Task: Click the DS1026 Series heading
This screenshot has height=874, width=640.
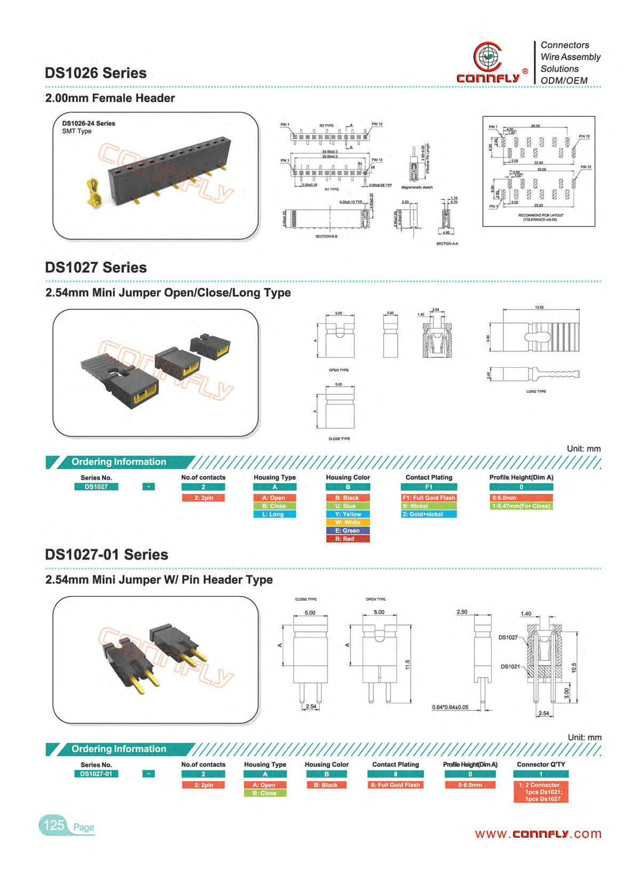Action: pyautogui.click(x=95, y=73)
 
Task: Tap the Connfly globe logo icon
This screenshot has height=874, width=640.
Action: pyautogui.click(x=487, y=56)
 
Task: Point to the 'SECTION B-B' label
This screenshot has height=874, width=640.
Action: pyautogui.click(x=326, y=236)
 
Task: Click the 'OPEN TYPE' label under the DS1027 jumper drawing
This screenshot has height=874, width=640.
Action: pyautogui.click(x=339, y=370)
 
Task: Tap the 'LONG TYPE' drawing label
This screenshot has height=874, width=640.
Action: pyautogui.click(x=536, y=391)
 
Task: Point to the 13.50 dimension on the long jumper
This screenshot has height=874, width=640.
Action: pyautogui.click(x=539, y=307)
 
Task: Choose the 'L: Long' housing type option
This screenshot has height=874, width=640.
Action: pyautogui.click(x=274, y=514)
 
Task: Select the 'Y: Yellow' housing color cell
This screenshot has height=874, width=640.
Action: pyautogui.click(x=348, y=514)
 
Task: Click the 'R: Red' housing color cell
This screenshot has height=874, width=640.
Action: pyautogui.click(x=348, y=539)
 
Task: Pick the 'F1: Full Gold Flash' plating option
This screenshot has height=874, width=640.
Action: pyautogui.click(x=429, y=498)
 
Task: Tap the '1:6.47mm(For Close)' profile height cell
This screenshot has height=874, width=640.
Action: pyautogui.click(x=521, y=506)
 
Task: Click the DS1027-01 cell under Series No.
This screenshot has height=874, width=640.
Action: pyautogui.click(x=96, y=774)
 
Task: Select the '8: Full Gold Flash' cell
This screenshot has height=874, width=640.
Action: pyautogui.click(x=395, y=785)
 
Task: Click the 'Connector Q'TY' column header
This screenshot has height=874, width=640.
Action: pyautogui.click(x=541, y=764)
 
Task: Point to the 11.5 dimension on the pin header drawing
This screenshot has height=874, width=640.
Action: pyautogui.click(x=407, y=665)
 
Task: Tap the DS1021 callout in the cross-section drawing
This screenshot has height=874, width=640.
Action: pyautogui.click(x=510, y=667)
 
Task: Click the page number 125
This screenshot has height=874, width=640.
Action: pyautogui.click(x=54, y=826)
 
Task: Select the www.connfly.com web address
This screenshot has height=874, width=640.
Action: pyautogui.click(x=538, y=833)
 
